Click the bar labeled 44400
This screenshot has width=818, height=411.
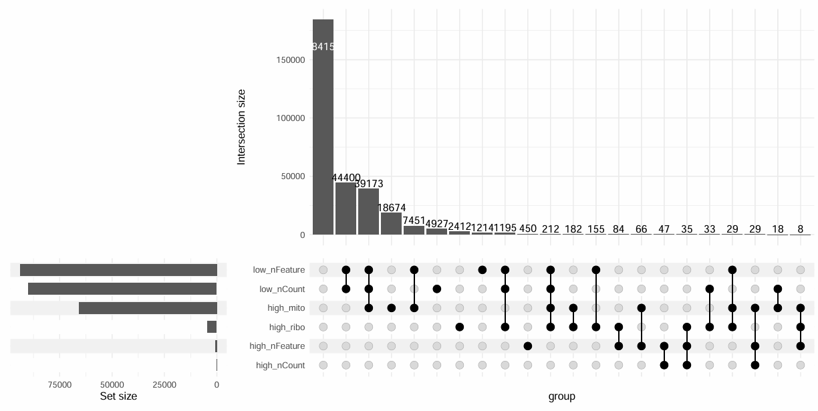(x=346, y=209)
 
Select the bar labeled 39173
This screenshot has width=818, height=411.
(x=368, y=211)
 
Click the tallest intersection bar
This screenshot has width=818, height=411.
(x=323, y=127)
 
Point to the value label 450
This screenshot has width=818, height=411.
(x=528, y=229)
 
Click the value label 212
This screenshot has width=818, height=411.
(x=551, y=229)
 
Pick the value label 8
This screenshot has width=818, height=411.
(x=801, y=229)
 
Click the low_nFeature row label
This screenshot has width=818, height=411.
(x=279, y=270)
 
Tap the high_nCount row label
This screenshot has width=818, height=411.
(x=280, y=366)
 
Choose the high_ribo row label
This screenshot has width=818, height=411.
(x=287, y=327)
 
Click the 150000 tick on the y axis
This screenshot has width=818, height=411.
(x=290, y=60)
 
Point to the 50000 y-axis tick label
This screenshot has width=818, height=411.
(x=292, y=176)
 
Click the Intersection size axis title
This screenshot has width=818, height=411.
(x=241, y=127)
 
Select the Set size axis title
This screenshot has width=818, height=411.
(x=118, y=396)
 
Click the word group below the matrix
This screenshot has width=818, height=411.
(x=561, y=396)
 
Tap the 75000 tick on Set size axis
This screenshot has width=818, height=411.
(x=59, y=385)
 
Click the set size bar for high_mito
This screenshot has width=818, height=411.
(x=148, y=308)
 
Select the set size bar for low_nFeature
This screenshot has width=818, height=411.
(x=118, y=270)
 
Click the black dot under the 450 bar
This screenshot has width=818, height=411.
(x=528, y=346)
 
